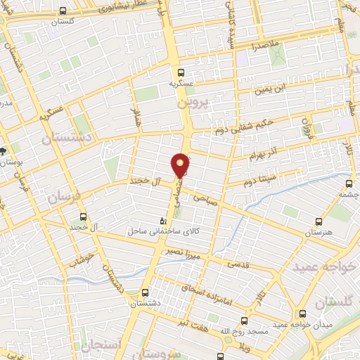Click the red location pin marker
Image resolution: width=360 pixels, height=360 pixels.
click(x=181, y=165)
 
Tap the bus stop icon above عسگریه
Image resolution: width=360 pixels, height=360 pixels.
click(x=181, y=72)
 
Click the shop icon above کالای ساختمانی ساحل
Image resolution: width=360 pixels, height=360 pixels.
click(x=164, y=220)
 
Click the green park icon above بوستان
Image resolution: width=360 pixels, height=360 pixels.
click(x=5, y=150)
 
